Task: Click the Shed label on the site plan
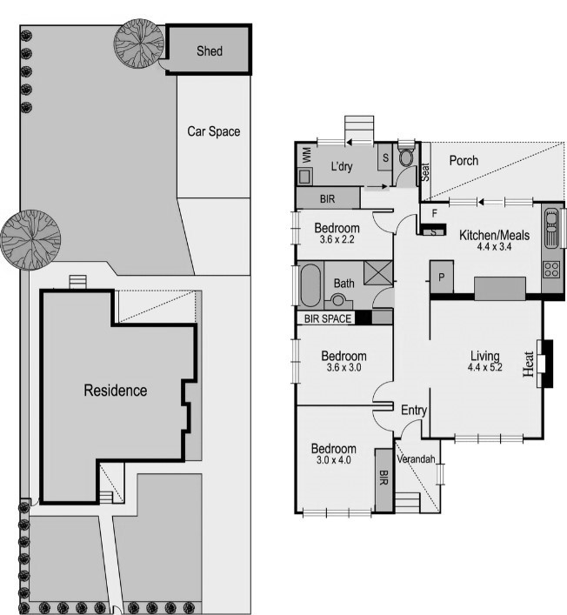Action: pos(209,51)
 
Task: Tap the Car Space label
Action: pos(213,132)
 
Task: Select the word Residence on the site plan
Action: pos(115,391)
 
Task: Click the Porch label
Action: pos(464,161)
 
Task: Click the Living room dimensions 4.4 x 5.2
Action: pos(484,369)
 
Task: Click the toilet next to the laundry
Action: pos(405,160)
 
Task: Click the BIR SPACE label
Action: pos(328,319)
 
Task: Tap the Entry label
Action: pos(412,409)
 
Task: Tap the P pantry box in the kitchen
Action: pos(441,277)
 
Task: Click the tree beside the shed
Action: pos(138,43)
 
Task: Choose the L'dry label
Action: pos(341,166)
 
